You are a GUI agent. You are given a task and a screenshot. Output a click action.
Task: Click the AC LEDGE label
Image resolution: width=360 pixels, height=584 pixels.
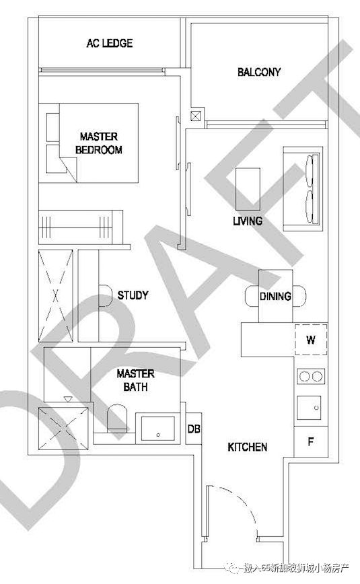tap(110, 43)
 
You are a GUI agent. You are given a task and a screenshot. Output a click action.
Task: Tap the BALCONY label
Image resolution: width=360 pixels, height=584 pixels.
tap(259, 72)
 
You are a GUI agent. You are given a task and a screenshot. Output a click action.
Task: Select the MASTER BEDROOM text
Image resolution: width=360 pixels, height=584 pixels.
tap(99, 143)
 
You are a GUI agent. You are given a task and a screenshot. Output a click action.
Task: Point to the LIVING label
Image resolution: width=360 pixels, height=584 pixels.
tap(248, 221)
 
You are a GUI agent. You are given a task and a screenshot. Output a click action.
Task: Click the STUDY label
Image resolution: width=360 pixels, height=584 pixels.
tap(133, 295)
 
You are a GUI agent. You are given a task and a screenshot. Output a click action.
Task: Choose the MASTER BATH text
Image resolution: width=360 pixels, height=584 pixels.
tap(135, 380)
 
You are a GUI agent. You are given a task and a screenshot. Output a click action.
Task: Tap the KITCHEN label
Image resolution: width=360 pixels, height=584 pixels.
tap(248, 447)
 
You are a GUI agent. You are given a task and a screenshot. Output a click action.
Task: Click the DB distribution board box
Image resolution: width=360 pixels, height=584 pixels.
tap(194, 429)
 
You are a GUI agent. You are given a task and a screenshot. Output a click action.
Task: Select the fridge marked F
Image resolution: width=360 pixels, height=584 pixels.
tap(311, 442)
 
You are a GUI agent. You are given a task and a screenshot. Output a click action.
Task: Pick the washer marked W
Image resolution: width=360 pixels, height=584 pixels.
tap(311, 340)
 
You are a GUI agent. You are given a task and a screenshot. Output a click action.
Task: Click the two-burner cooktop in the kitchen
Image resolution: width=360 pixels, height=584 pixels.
tap(311, 377)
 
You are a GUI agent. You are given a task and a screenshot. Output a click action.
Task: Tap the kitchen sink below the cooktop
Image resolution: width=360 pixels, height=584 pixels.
tap(309, 408)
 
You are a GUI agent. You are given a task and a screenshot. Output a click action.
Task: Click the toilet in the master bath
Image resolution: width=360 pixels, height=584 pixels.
tap(117, 419)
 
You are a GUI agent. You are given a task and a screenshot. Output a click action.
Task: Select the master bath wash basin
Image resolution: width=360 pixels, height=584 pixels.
tap(158, 429)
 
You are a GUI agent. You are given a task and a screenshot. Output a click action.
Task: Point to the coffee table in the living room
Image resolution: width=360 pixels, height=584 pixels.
tap(248, 189)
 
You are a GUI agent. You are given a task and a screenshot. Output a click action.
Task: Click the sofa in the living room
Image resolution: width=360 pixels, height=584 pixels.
tap(303, 189)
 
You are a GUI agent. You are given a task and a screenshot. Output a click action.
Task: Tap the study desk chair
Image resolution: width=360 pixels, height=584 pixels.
tap(106, 296)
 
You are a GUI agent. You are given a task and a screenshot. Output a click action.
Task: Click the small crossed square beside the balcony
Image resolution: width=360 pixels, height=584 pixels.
tap(195, 116)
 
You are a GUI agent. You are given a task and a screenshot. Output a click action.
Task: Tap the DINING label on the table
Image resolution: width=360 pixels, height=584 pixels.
tap(275, 297)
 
